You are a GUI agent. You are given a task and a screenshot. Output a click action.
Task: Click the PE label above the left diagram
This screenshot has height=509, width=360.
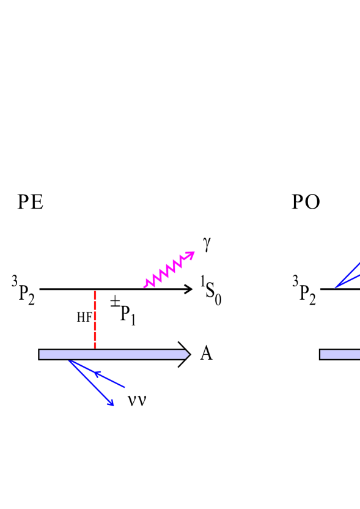tap(31, 202)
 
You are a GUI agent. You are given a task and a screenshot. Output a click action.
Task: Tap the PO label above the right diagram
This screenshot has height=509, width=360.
tap(306, 202)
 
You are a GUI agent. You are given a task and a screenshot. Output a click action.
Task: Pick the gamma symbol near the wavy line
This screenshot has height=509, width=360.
tap(207, 244)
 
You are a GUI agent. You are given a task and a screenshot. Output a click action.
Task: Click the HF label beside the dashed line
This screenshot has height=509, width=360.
tap(84, 317)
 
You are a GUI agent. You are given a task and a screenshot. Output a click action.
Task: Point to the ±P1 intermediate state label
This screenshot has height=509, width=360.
tap(123, 310)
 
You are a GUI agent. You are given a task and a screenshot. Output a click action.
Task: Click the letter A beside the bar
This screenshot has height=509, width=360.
tap(206, 354)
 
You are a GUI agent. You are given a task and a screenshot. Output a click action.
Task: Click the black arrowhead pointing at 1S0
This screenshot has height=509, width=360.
tap(188, 289)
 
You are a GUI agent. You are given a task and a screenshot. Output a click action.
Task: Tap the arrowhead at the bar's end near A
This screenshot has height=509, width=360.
tap(185, 354)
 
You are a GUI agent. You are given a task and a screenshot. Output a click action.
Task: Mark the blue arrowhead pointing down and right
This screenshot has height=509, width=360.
tap(111, 402)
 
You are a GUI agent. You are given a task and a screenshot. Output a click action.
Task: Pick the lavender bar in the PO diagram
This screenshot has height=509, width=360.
tap(339, 354)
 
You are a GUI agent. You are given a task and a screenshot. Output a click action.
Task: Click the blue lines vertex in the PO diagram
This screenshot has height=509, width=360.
tap(336, 288)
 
